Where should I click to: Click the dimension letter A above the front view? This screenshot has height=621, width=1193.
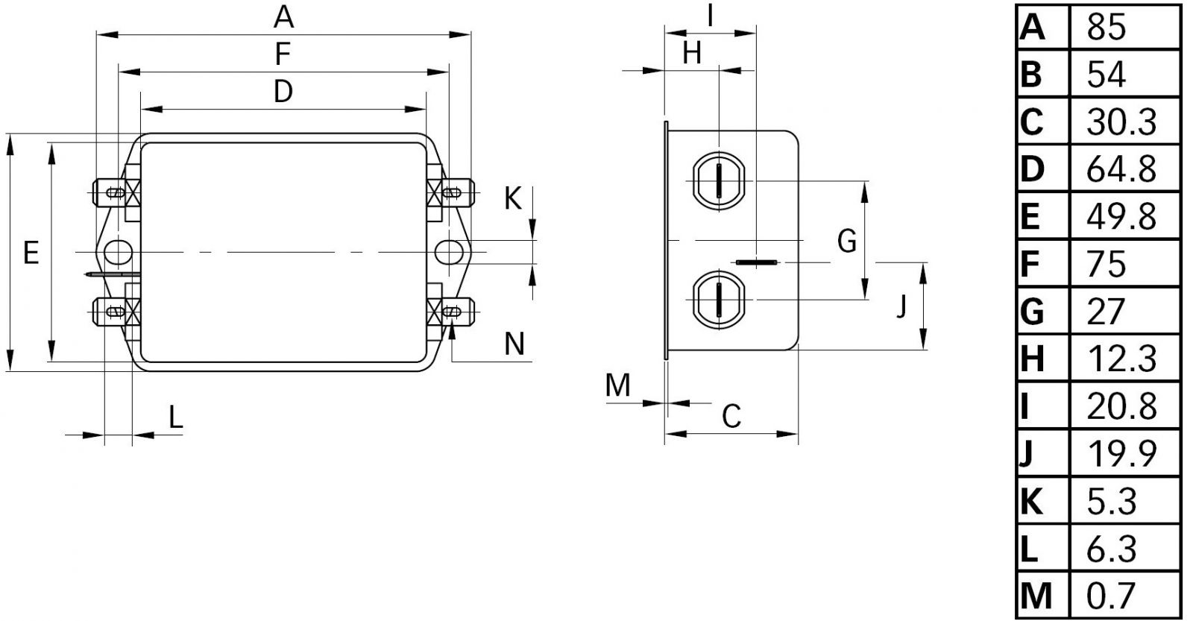click(x=284, y=16)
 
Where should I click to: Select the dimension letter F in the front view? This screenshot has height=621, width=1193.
click(x=283, y=54)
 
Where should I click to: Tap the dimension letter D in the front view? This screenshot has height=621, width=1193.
click(x=283, y=92)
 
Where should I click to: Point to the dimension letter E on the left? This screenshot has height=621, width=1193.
click(x=31, y=253)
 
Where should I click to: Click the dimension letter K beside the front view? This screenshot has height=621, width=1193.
click(x=513, y=199)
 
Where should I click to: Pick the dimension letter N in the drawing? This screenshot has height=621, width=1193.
click(x=514, y=344)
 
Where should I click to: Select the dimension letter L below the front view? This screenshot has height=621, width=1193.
click(x=175, y=418)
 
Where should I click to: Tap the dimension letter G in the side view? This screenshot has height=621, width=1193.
click(x=847, y=242)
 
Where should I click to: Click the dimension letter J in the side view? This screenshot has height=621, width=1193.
click(x=901, y=306)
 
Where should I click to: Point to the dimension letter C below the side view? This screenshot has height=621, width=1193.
click(x=732, y=416)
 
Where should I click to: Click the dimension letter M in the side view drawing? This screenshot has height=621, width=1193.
click(x=618, y=385)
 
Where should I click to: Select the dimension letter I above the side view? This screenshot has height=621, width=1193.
click(x=711, y=16)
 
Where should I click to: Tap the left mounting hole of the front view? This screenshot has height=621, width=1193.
click(x=117, y=252)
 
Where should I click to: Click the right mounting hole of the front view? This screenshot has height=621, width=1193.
click(x=448, y=252)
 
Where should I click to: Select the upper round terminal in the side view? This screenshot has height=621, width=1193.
click(x=719, y=181)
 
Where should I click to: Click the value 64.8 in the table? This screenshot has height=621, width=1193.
click(x=1121, y=170)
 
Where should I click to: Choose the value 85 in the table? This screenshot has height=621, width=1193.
click(x=1107, y=28)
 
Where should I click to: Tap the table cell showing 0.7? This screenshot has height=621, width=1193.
click(x=1111, y=596)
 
